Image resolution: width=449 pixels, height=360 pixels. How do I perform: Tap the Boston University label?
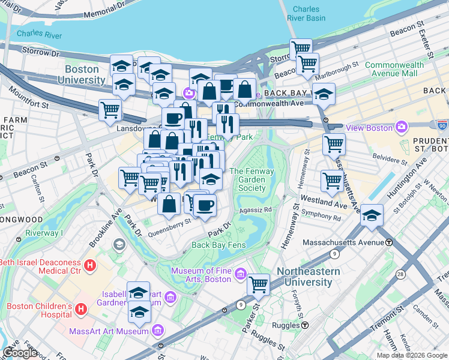pyautogui.click(x=82, y=74)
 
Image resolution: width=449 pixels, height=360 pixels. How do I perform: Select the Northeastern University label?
pyautogui.click(x=308, y=277)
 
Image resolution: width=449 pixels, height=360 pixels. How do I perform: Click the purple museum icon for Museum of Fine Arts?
pyautogui.click(x=241, y=274)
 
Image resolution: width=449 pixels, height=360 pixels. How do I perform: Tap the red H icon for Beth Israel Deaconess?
pyautogui.click(x=89, y=265)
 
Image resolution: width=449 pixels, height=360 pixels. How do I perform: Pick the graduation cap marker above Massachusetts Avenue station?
pyautogui.click(x=372, y=215)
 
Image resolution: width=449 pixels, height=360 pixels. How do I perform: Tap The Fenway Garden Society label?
pyautogui.click(x=247, y=179)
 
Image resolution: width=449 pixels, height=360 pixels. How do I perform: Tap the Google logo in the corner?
pyautogui.click(x=20, y=352)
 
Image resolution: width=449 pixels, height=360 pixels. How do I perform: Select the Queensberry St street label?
pyautogui.click(x=170, y=221)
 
